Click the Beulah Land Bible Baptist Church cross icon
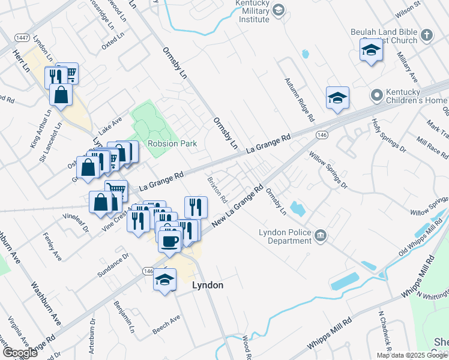[x=427, y=35]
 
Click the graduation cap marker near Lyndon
[x=164, y=280]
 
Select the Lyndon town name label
[x=207, y=286]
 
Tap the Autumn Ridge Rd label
[x=299, y=100]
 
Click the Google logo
[x=20, y=353]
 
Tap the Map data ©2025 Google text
[x=412, y=355]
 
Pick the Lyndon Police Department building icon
[x=321, y=235]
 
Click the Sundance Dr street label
[x=114, y=265]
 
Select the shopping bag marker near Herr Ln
[x=61, y=94]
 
